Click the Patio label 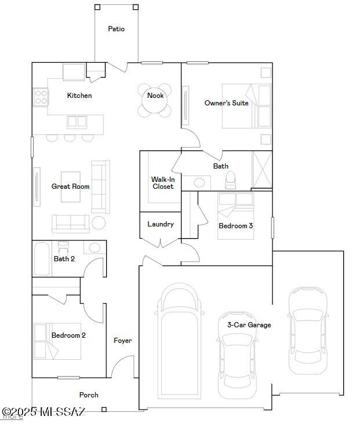116,29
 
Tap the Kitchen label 79,96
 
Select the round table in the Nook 155,102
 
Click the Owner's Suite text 226,103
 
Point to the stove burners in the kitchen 41,96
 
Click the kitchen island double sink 77,121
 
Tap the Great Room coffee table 71,187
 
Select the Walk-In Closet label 163,183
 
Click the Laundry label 160,224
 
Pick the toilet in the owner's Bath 230,180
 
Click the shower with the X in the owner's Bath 262,169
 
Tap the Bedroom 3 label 235,226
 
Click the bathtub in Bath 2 42,259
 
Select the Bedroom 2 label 68,335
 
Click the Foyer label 122,341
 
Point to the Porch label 89,395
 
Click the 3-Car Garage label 249,325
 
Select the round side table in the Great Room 99,222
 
